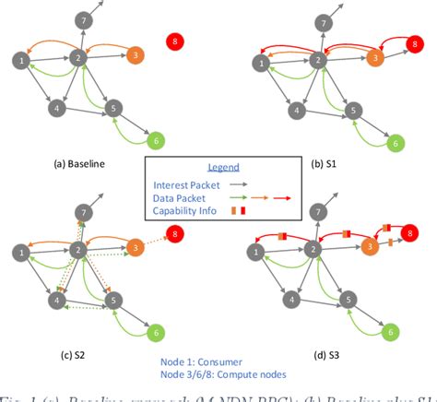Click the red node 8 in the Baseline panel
pyautogui.click(x=175, y=41)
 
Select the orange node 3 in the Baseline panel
pyautogui.click(x=135, y=55)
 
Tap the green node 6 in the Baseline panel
pyautogui.click(x=156, y=140)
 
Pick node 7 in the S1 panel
pyautogui.click(x=322, y=20)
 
